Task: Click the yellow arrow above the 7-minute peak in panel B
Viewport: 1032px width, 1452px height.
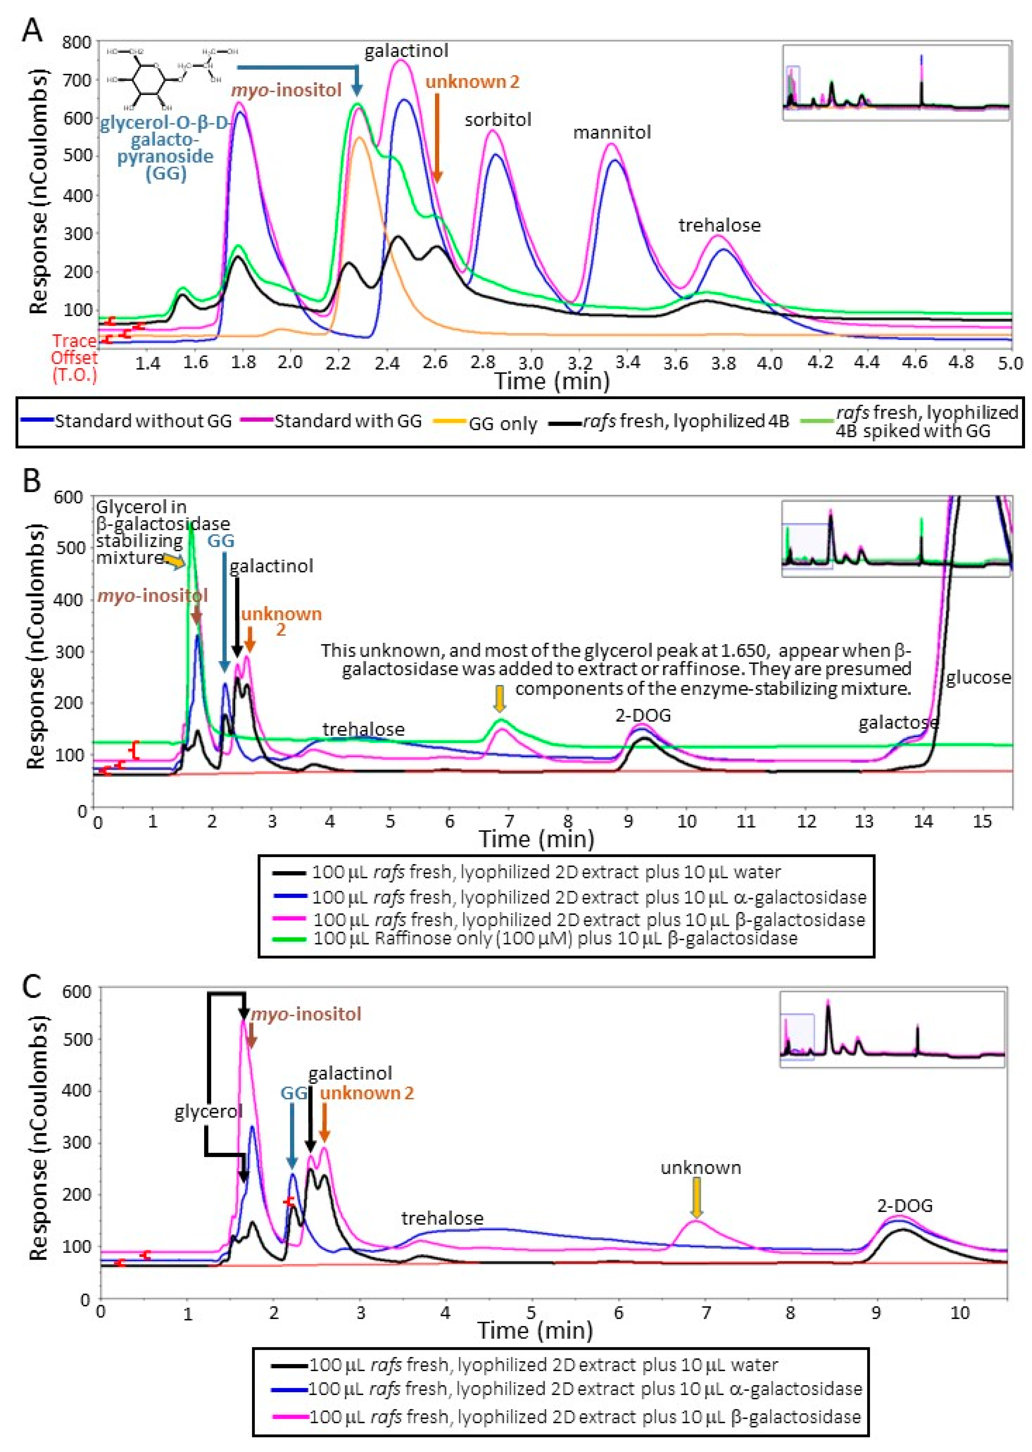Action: tap(500, 699)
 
